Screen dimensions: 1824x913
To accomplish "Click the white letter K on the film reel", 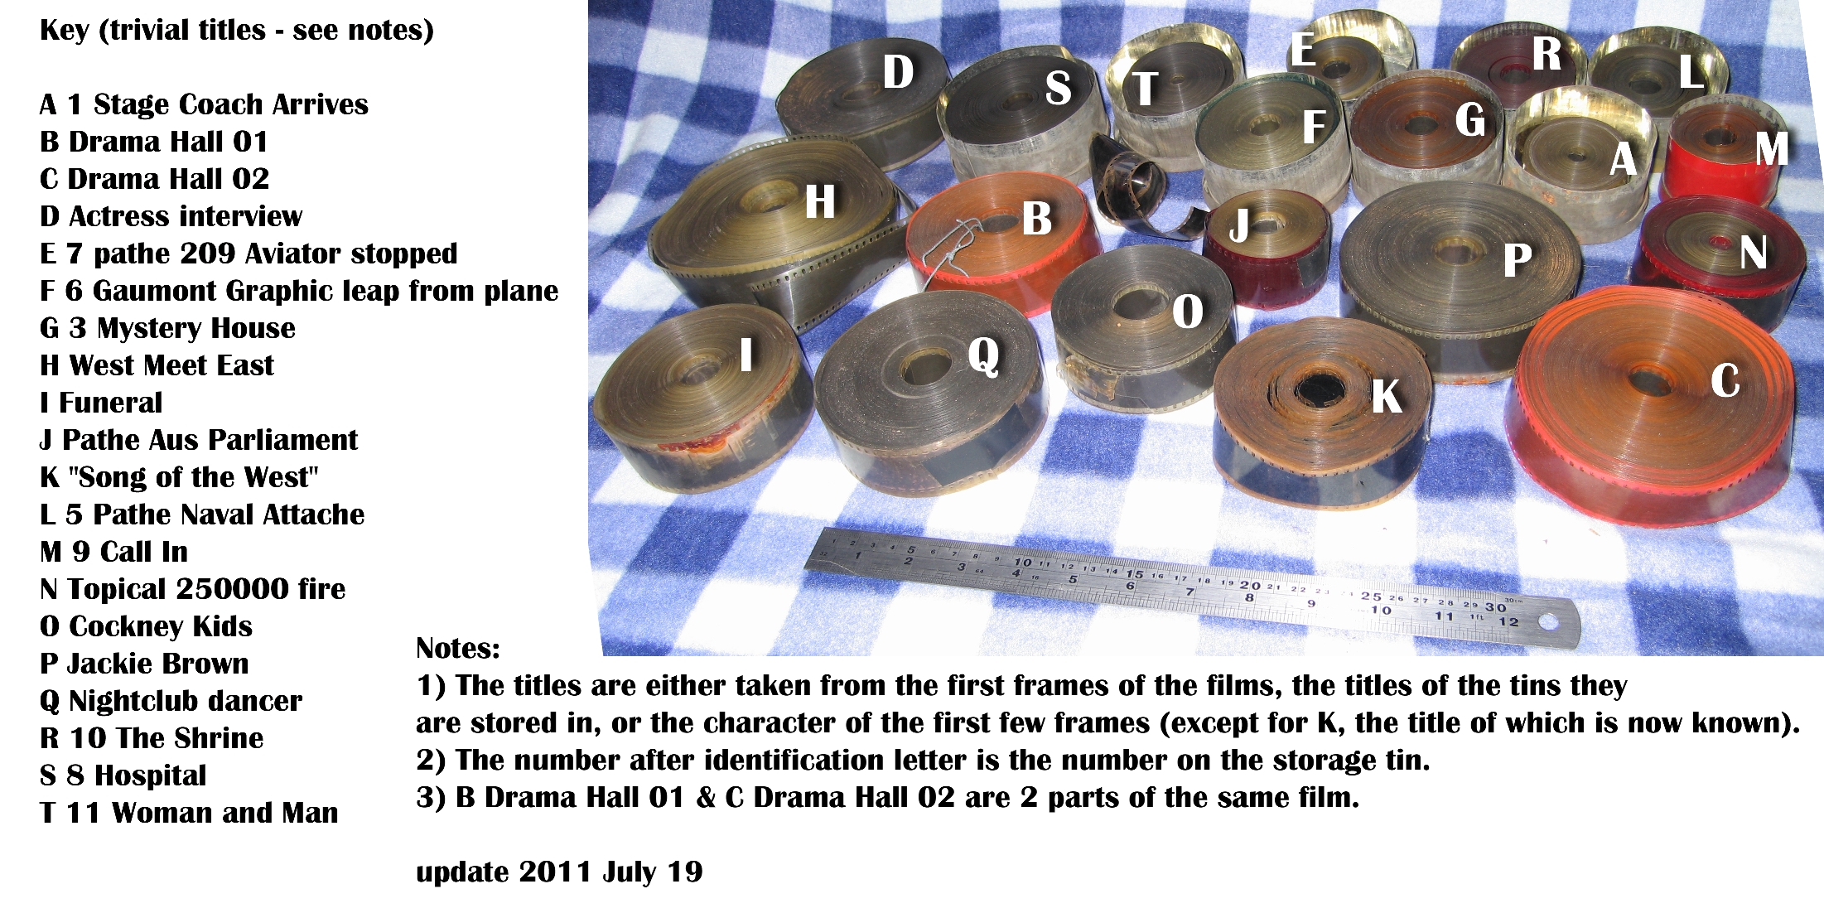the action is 1387,396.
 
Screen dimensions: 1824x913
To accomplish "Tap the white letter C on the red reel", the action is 1725,381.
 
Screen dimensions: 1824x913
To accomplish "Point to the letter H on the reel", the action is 820,201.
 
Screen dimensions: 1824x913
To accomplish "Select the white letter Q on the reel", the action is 984,357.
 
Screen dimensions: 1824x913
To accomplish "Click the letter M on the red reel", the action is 1772,149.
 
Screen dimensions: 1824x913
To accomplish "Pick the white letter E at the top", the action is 1303,50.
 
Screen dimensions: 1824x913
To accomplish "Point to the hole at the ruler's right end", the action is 1546,621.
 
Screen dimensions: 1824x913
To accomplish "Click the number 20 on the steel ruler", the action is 1250,585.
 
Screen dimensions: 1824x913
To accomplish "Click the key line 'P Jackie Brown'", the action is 144,664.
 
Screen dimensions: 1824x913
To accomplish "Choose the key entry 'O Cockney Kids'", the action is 146,626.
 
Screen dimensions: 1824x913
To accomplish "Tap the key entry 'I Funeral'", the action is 101,403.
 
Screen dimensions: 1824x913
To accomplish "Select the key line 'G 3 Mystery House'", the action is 167,328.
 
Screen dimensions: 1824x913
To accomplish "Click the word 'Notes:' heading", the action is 458,648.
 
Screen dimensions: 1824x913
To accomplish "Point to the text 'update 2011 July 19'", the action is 559,872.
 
